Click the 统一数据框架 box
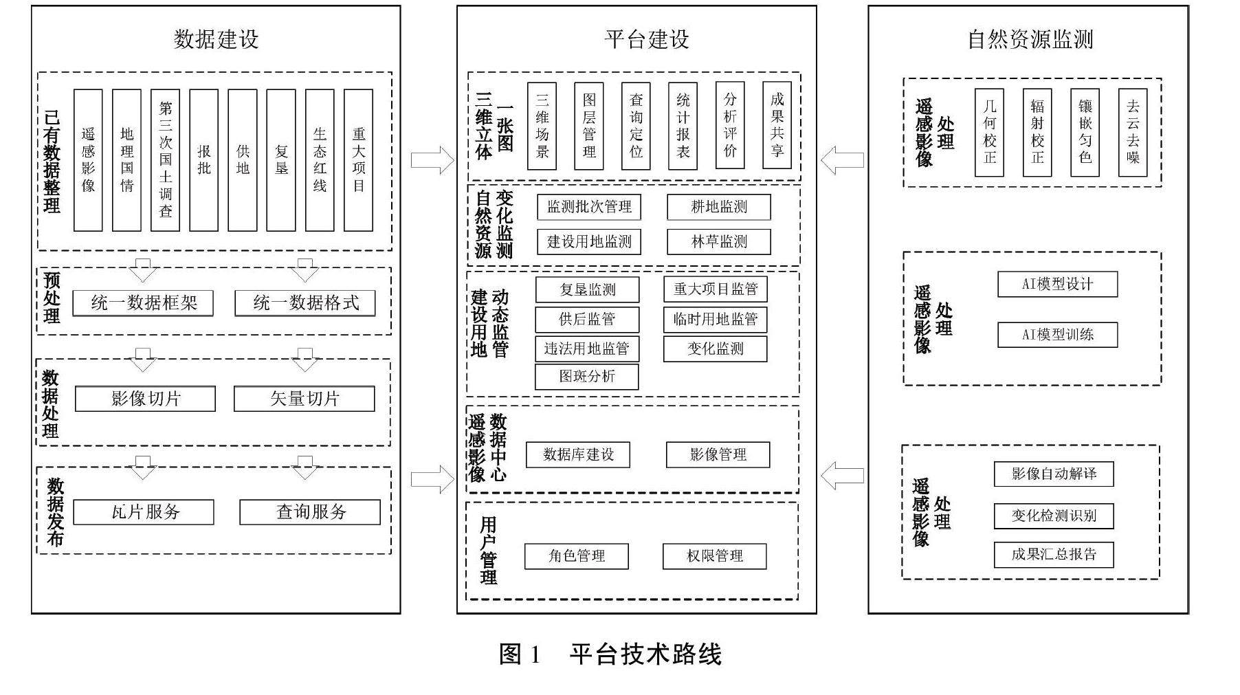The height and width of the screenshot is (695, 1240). pos(143,303)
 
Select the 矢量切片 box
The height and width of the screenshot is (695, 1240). pos(304,399)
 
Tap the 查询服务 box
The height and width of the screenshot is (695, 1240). pos(309,512)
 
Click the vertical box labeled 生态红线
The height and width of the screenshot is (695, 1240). pos(320,159)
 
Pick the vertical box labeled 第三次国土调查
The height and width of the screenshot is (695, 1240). pos(165,159)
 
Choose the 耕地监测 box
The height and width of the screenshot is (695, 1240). pos(718,207)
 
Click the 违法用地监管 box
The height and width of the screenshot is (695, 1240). pos(586,349)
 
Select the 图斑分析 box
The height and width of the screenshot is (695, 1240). pos(586,377)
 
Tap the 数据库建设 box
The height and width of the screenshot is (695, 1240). pos(577,454)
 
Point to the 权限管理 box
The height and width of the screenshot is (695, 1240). pos(714,556)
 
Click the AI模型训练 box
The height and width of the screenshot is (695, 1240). pos(1057,335)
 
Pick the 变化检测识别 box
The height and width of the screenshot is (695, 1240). pos(1053,516)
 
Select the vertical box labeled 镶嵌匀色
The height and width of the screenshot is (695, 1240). pos(1085,132)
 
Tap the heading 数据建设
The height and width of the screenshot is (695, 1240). pos(216,39)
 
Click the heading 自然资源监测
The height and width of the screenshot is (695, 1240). pos(1030,39)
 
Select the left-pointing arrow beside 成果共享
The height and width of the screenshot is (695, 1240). pos(842,160)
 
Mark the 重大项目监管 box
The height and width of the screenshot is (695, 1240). pos(715,289)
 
